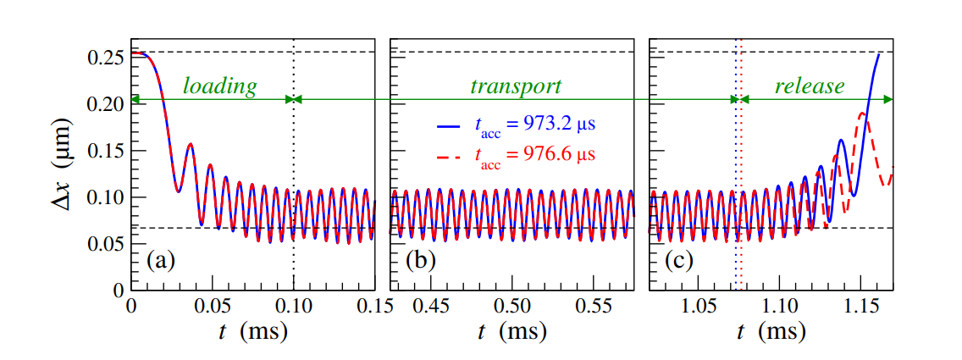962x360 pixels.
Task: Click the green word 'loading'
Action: click(220, 86)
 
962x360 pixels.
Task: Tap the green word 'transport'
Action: click(516, 86)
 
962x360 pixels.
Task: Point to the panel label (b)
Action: click(421, 260)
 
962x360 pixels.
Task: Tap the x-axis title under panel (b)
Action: click(511, 333)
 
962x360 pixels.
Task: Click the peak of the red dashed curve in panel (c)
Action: click(863, 112)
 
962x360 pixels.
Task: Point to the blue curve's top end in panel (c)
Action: click(879, 54)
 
